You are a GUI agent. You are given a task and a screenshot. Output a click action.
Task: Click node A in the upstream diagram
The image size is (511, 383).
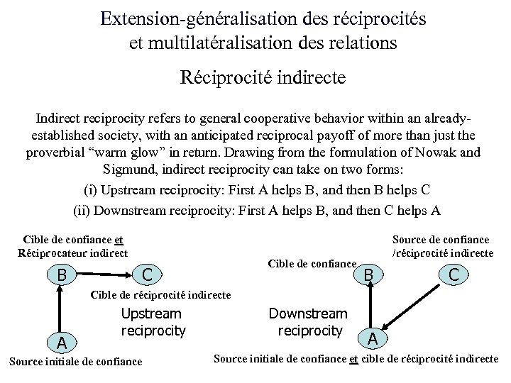point(62,343)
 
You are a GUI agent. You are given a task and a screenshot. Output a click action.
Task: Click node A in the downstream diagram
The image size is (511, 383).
point(373,339)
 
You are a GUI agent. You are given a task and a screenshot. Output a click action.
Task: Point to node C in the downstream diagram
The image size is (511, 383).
point(452,272)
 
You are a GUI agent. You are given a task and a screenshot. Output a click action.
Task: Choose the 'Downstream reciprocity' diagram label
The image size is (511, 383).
point(308,321)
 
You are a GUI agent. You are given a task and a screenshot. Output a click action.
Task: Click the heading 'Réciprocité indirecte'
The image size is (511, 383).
point(263,77)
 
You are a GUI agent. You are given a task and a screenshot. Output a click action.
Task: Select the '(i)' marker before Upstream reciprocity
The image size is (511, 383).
point(91,189)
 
